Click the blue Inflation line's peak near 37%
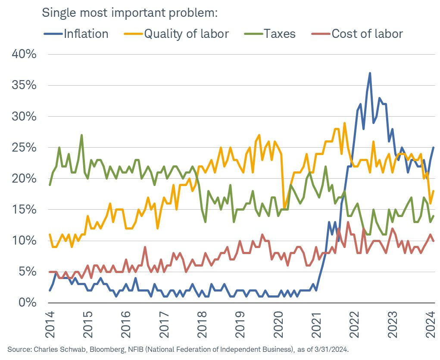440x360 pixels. coord(370,73)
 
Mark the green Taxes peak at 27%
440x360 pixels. coord(81,135)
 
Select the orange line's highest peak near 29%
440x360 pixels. coord(344,123)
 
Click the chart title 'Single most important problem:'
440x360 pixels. coord(130,12)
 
